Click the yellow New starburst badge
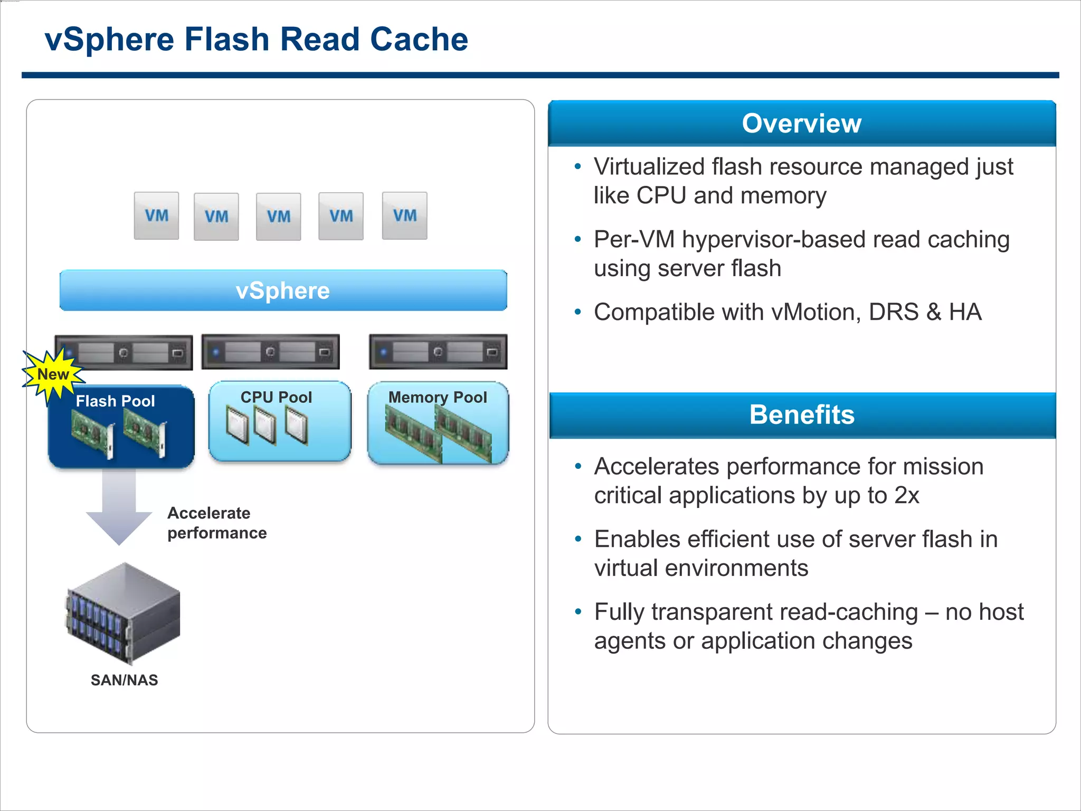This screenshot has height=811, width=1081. click(53, 374)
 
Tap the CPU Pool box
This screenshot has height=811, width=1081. click(280, 421)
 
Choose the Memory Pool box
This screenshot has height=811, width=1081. click(438, 422)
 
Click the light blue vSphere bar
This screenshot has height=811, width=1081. click(283, 290)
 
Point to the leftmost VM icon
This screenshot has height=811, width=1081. click(156, 216)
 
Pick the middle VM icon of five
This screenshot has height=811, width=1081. click(278, 216)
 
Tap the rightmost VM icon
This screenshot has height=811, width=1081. click(404, 216)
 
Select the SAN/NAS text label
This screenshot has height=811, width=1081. click(124, 680)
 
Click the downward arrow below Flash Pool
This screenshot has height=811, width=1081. click(119, 507)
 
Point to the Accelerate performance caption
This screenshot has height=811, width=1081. click(217, 523)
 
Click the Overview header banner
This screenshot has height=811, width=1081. click(802, 124)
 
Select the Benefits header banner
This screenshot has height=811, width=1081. click(802, 415)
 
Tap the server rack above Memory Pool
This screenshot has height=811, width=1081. click(438, 352)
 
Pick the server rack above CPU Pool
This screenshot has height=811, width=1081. click(270, 352)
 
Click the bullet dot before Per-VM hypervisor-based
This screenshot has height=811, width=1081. click(578, 240)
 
